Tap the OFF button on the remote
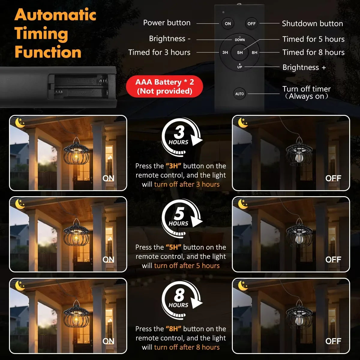[251, 24]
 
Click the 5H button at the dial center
[240, 52]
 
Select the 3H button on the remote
[225, 52]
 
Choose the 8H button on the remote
[254, 52]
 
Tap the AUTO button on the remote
[239, 94]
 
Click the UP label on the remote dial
[240, 66]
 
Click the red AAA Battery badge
[164, 86]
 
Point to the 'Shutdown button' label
[312, 23]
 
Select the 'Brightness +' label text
[304, 67]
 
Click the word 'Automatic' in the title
[55, 15]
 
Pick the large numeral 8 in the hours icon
[179, 295]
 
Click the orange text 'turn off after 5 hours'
[187, 265]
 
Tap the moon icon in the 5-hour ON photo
[20, 204]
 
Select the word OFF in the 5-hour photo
[333, 259]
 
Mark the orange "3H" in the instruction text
[174, 166]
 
